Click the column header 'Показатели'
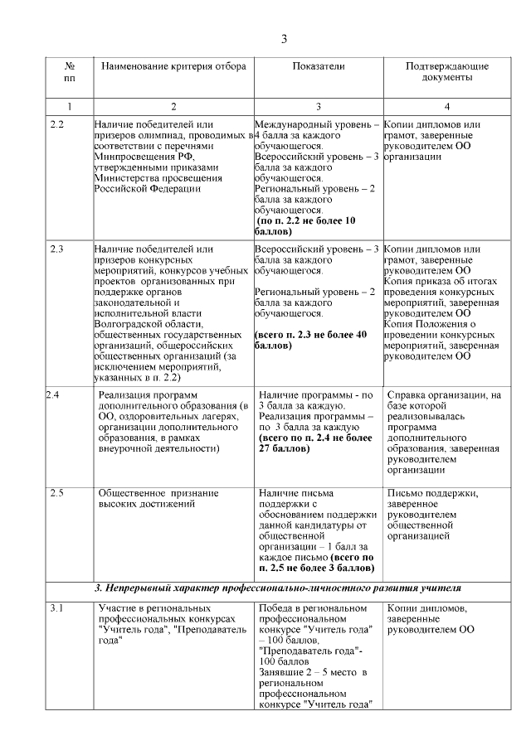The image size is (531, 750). point(318,65)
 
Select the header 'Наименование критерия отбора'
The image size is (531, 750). point(173,65)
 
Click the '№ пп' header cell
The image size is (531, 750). point(70,71)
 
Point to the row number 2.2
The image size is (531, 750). point(57,124)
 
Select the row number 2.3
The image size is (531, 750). point(57,249)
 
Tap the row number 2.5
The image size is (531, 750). point(57,494)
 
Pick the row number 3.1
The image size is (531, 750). point(56,609)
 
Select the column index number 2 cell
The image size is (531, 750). point(173,106)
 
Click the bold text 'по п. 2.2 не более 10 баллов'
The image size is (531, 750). point(305,226)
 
